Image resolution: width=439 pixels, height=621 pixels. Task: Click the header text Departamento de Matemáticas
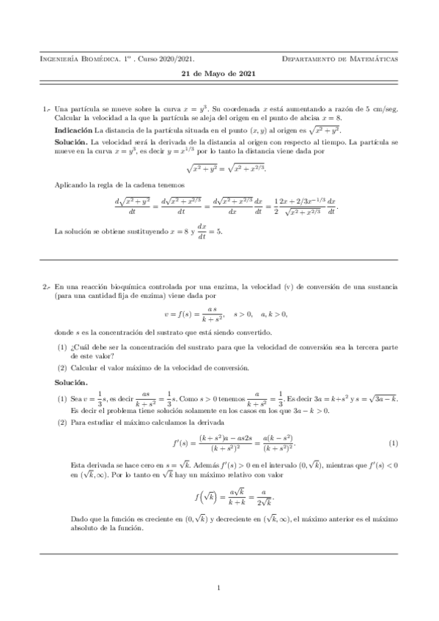click(x=340, y=58)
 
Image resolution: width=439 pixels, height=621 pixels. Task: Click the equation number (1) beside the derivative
click(x=394, y=445)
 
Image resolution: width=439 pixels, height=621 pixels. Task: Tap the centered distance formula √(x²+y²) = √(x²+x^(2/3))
click(x=219, y=169)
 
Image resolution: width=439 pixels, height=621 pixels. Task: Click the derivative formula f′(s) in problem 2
click(x=219, y=445)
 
